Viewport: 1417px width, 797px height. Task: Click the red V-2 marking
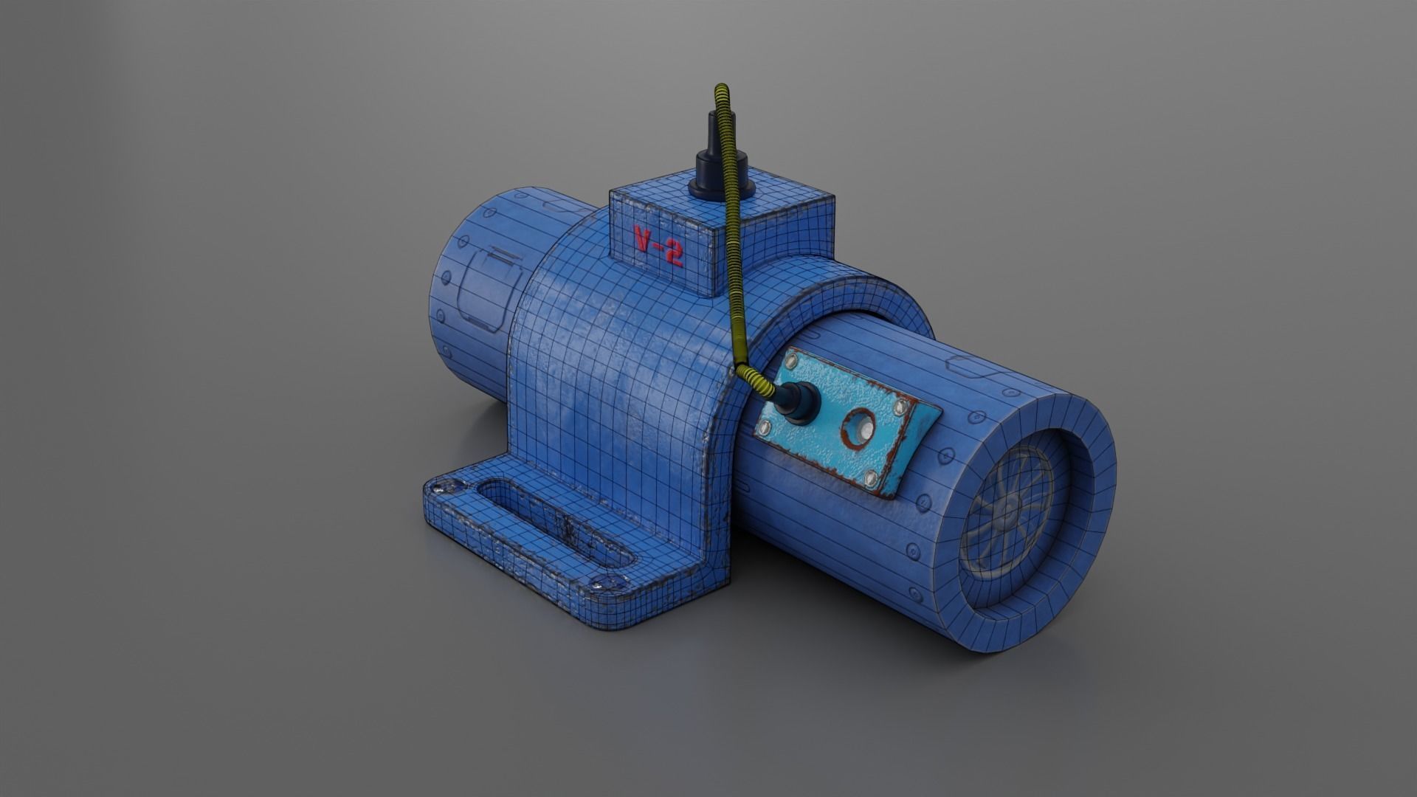point(658,246)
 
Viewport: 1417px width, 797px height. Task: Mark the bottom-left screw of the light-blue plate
point(765,426)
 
